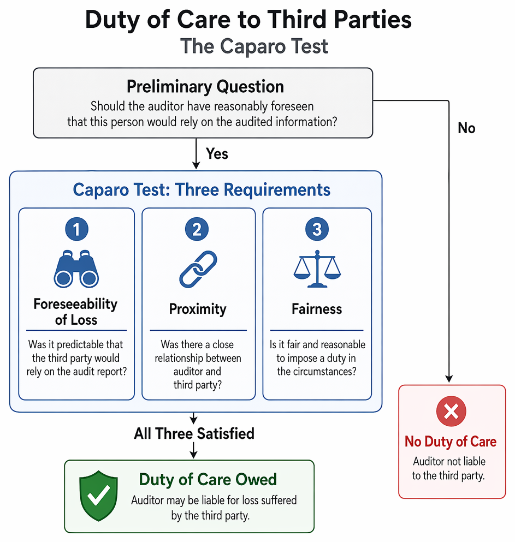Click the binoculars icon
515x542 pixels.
[76, 269]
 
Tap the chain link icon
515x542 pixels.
[198, 269]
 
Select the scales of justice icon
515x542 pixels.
[317, 269]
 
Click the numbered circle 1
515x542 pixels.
[77, 229]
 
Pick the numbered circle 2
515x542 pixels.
[197, 229]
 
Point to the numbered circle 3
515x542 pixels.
[317, 229]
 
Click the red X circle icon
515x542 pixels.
[451, 412]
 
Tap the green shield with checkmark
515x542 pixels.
[98, 496]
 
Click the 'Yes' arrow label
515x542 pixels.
[217, 154]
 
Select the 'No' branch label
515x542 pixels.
[466, 128]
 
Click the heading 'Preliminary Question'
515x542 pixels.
[205, 86]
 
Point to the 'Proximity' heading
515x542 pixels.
[198, 309]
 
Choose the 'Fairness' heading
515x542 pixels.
[317, 309]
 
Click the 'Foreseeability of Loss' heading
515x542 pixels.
[76, 312]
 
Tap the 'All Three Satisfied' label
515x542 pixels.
[194, 433]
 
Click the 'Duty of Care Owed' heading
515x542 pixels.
[208, 480]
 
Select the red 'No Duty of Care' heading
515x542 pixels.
[451, 442]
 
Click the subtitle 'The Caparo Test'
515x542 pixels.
[254, 46]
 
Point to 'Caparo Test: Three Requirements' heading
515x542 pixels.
[202, 190]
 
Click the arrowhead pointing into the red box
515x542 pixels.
[449, 379]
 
